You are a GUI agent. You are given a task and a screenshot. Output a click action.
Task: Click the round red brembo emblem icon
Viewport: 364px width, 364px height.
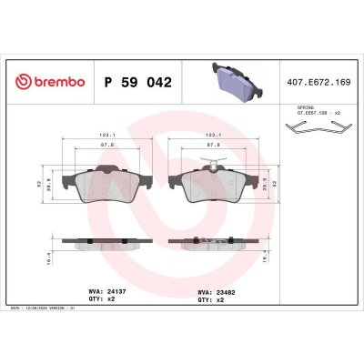pyautogui.click(x=22, y=82)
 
